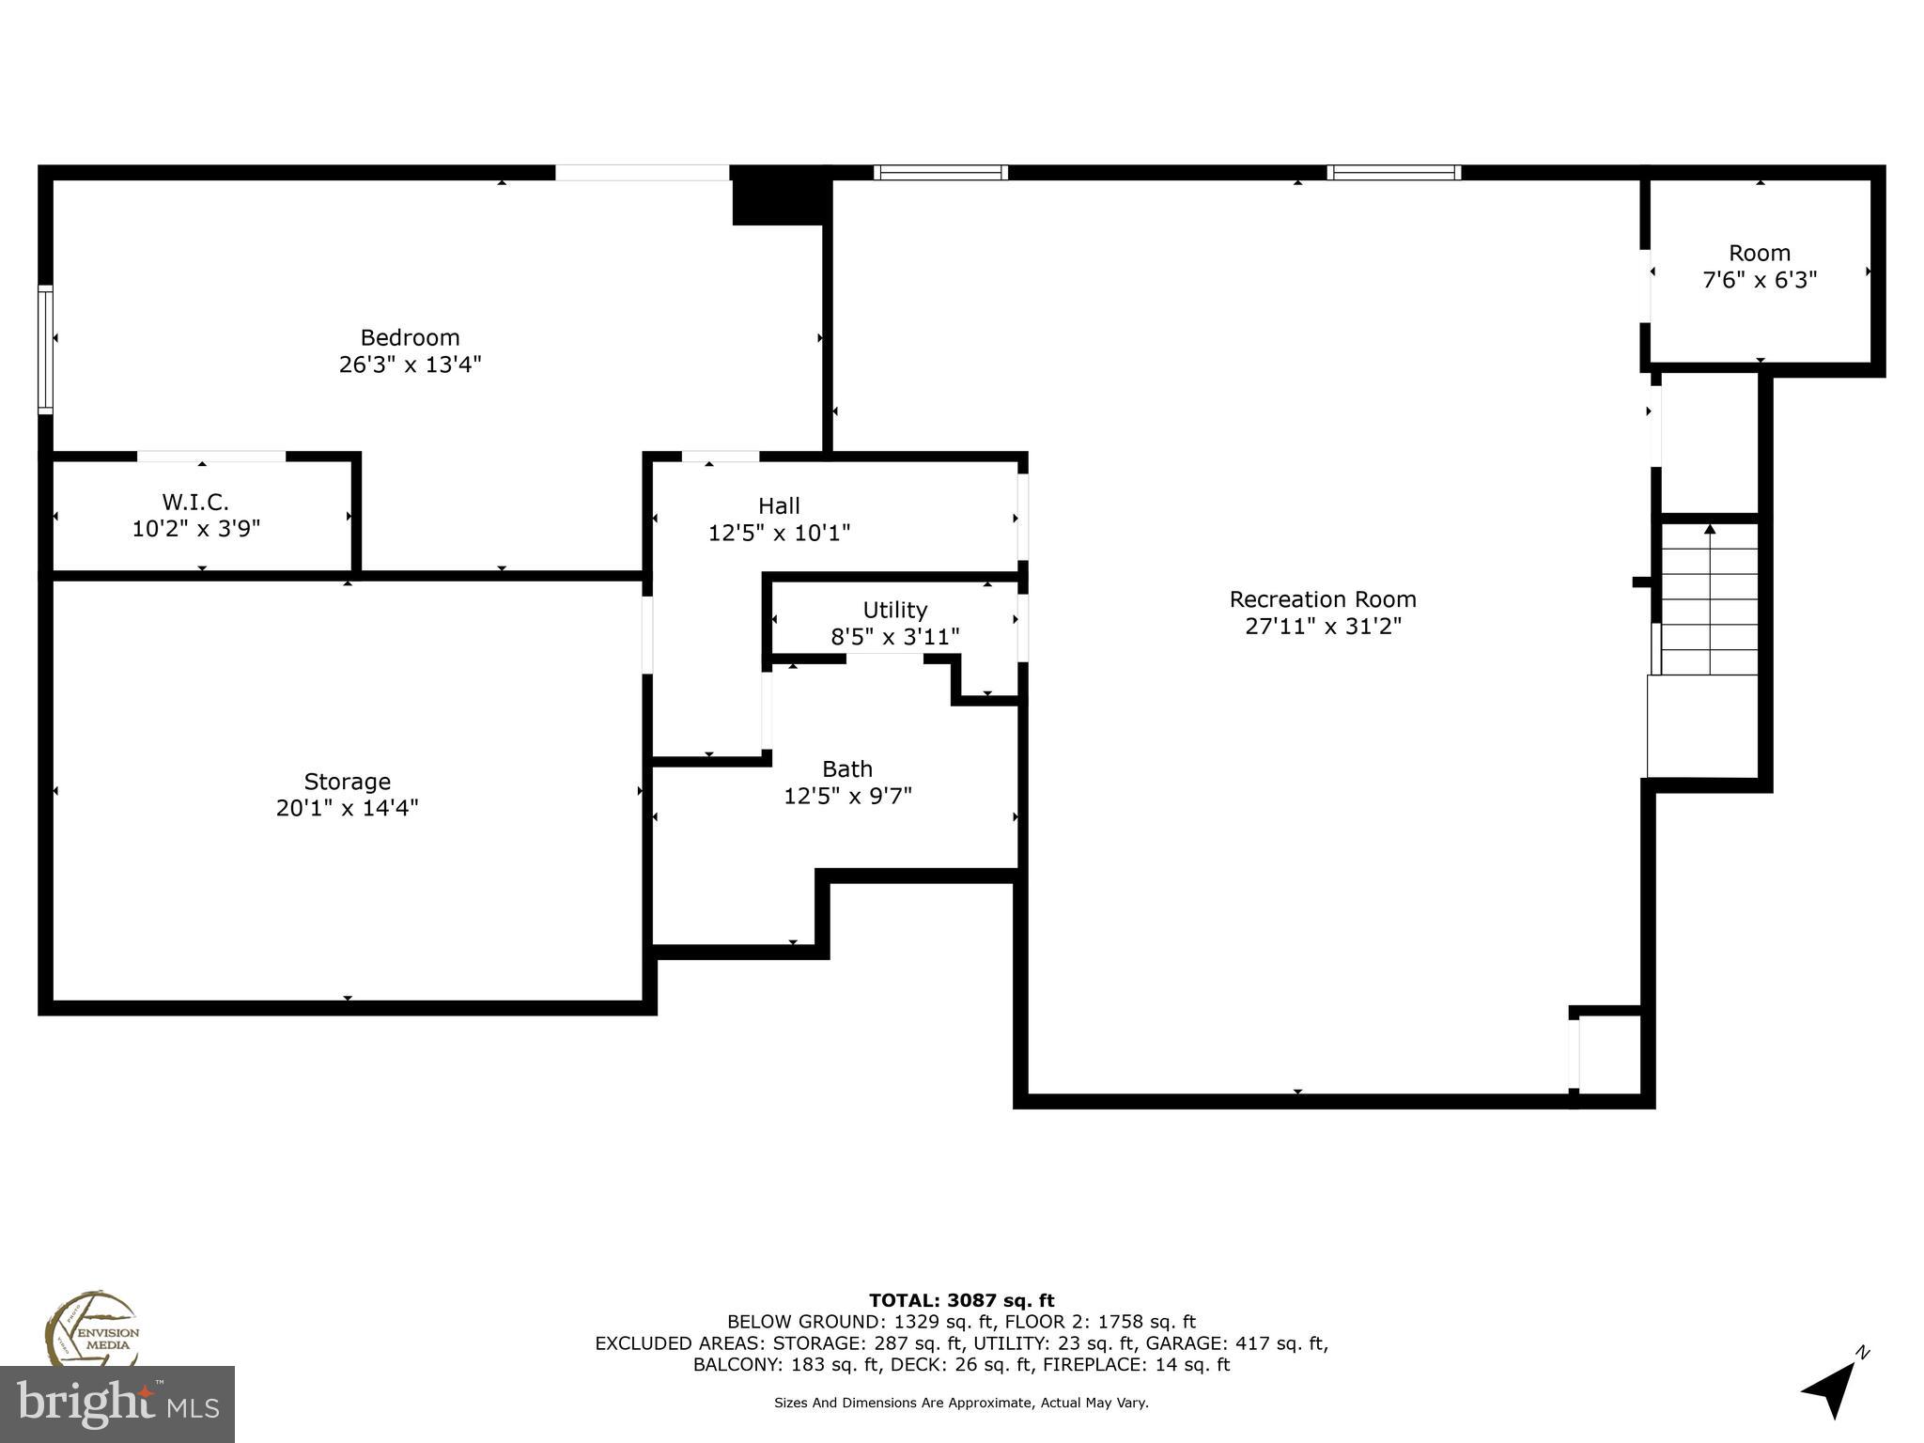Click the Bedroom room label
coord(410,337)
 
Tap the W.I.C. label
coord(195,503)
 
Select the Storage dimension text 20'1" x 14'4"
coord(347,808)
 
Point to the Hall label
coord(779,506)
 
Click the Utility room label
coord(894,610)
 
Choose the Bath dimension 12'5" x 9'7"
coord(847,796)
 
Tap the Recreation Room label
coord(1323,599)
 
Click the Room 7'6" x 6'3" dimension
coord(1760,280)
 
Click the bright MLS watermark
coord(116,1404)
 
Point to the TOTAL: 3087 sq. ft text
coord(961,1300)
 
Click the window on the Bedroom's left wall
coord(45,349)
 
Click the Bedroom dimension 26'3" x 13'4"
coord(410,364)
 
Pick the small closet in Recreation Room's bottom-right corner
coord(1609,1052)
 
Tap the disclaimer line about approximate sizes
coord(961,1403)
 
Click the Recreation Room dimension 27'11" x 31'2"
coord(1323,626)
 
